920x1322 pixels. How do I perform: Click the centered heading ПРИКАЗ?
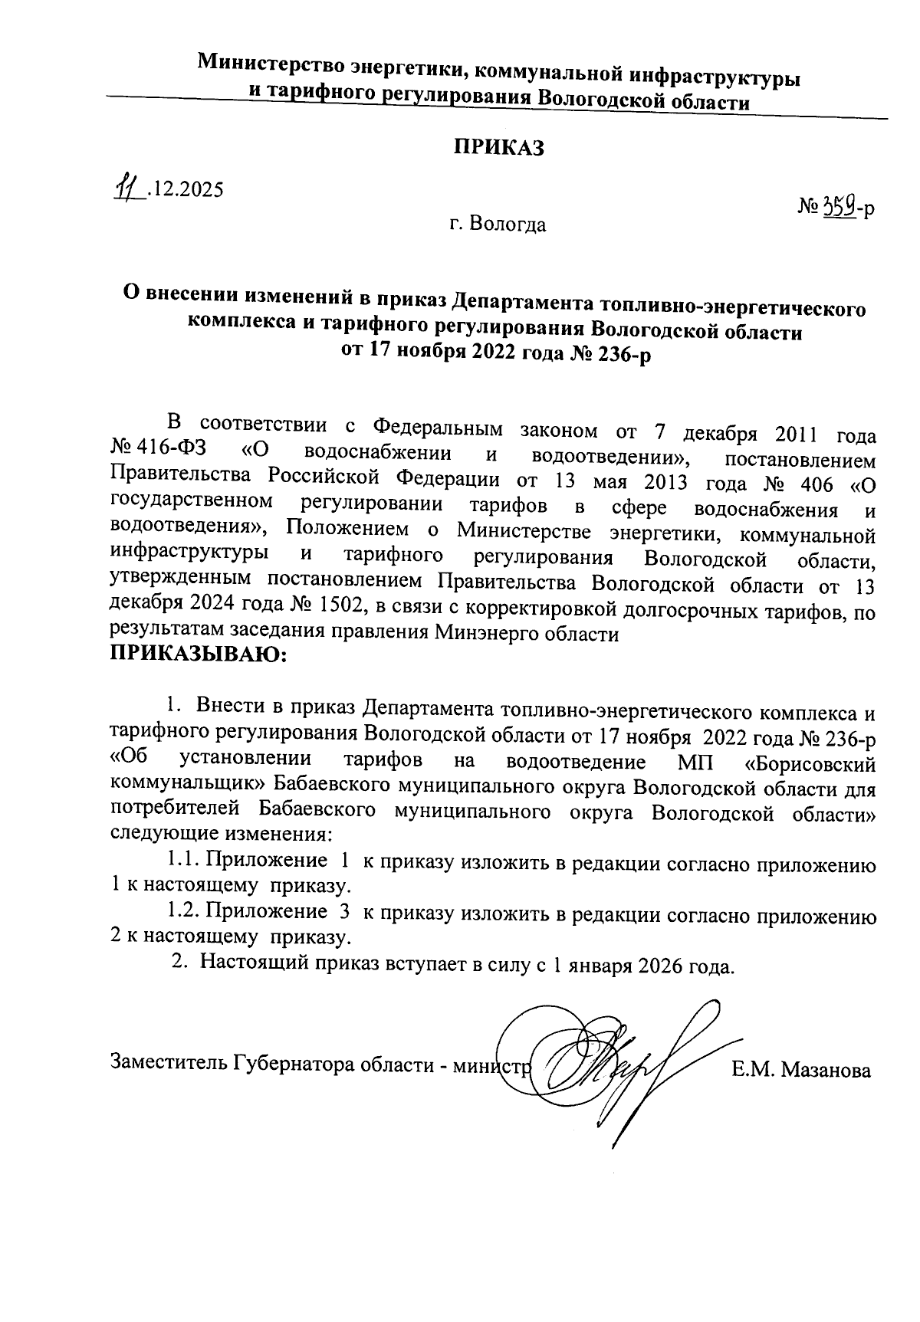click(x=498, y=148)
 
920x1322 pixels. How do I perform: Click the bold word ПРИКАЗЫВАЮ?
click(x=199, y=654)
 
